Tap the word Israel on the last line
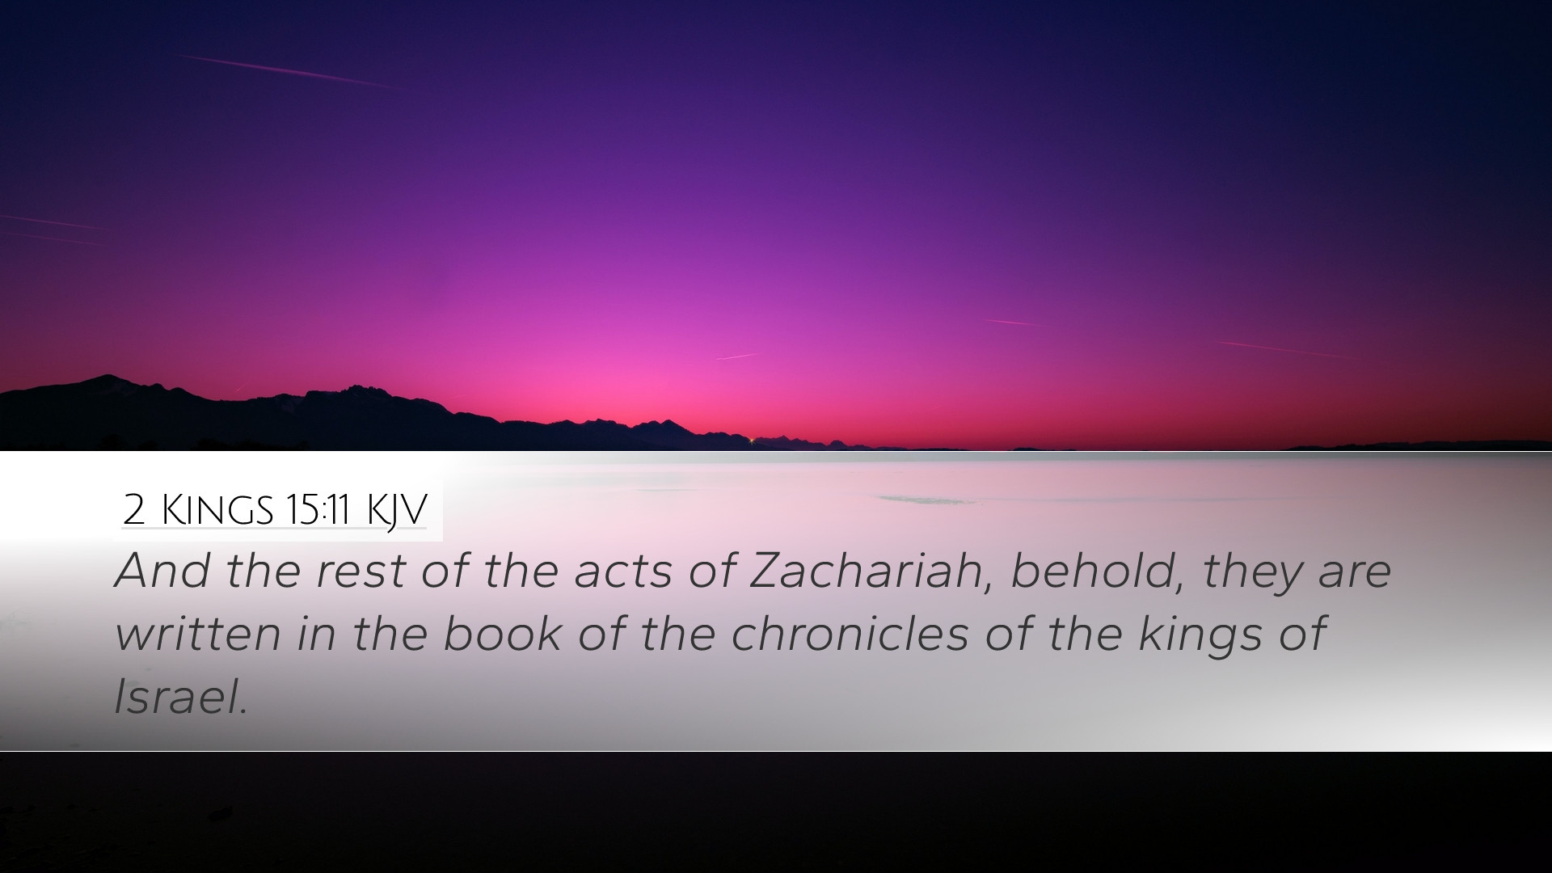click(180, 696)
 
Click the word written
click(197, 633)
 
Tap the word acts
click(622, 571)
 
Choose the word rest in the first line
click(361, 571)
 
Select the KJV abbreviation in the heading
click(396, 510)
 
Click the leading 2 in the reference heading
click(133, 510)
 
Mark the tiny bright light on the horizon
click(752, 440)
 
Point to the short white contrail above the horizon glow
click(737, 356)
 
